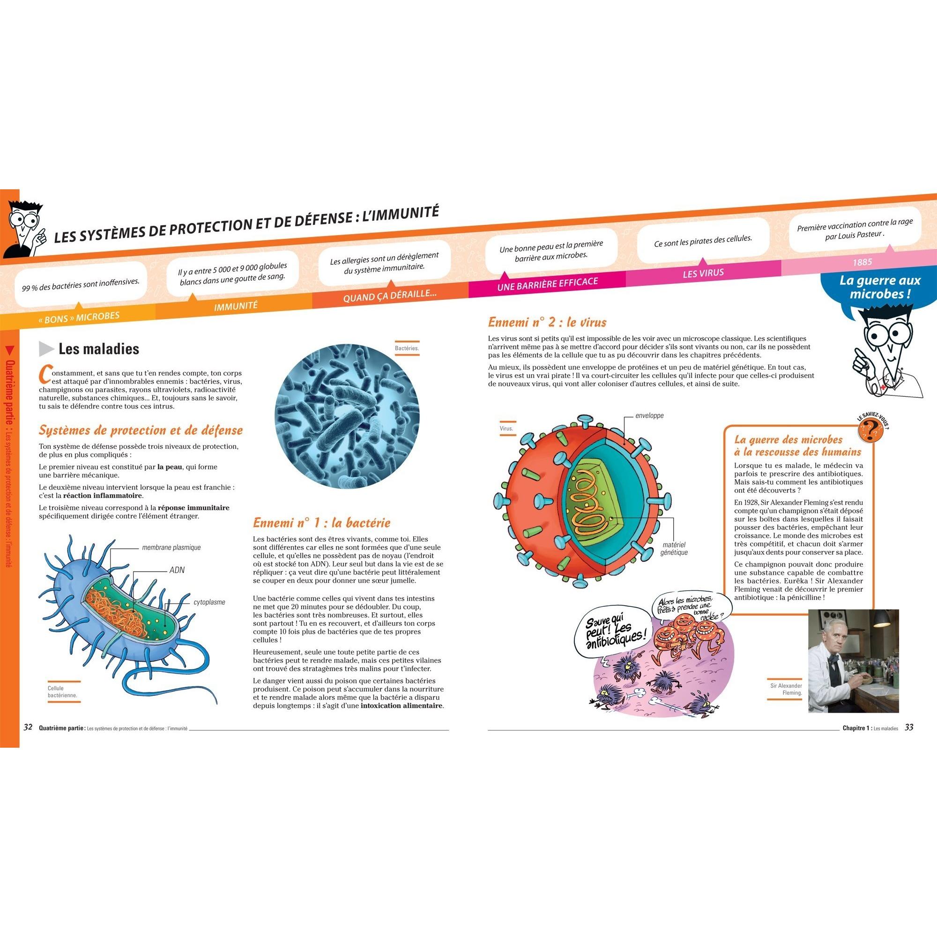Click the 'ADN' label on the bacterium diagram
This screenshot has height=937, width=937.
(x=177, y=569)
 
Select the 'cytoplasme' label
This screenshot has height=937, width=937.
(x=209, y=602)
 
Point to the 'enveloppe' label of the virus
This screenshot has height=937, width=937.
(x=649, y=415)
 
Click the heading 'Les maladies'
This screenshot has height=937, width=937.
(x=98, y=349)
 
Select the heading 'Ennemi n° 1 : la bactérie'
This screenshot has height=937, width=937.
(x=321, y=523)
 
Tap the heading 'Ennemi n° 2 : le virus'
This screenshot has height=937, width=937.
(x=547, y=322)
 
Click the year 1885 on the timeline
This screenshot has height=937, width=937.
(x=863, y=262)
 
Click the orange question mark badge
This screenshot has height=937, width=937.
(x=870, y=428)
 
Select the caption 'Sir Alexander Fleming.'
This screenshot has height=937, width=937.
(x=786, y=689)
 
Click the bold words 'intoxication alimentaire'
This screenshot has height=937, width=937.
(x=402, y=706)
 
